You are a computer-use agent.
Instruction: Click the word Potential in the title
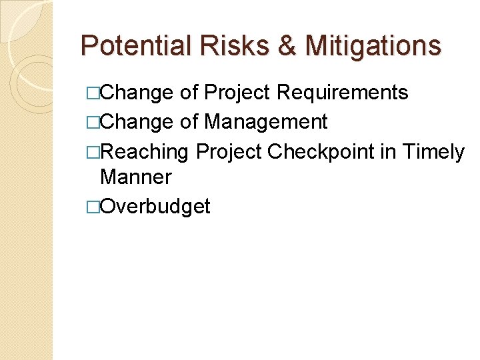(133, 46)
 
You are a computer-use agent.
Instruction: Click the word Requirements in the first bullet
(342, 93)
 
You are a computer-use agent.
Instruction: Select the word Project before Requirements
(237, 93)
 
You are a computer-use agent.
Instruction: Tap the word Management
(265, 122)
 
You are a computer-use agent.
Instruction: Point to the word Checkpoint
(321, 152)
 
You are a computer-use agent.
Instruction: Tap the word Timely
(433, 152)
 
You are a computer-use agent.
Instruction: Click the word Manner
(135, 177)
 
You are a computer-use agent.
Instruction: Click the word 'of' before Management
(189, 122)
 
